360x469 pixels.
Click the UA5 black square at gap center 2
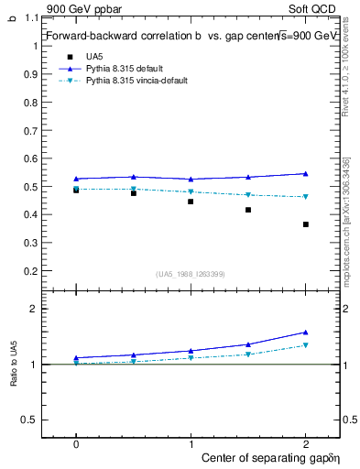pyautogui.click(x=306, y=224)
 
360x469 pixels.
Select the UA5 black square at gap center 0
pyautogui.click(x=76, y=190)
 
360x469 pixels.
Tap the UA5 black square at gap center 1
pyautogui.click(x=191, y=202)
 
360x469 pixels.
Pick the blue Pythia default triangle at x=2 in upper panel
pyautogui.click(x=306, y=173)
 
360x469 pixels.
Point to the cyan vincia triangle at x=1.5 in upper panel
pyautogui.click(x=248, y=195)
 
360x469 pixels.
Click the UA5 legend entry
pyautogui.click(x=94, y=56)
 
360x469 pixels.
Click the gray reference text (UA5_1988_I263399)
pyautogui.click(x=191, y=274)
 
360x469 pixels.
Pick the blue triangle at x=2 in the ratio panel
pyautogui.click(x=306, y=332)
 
